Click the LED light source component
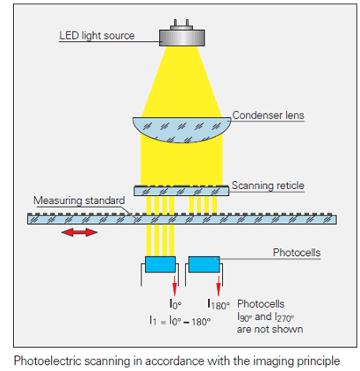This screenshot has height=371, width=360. [182, 36]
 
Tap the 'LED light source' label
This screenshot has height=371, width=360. [97, 36]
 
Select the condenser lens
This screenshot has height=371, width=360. [182, 130]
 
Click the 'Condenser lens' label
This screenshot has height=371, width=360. [268, 115]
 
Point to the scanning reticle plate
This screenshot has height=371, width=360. [182, 191]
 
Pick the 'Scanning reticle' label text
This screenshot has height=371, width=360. [268, 185]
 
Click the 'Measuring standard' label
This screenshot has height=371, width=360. [79, 200]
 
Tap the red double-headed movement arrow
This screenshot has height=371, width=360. [79, 233]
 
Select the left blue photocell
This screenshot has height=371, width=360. [161, 264]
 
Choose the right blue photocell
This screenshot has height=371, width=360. [204, 264]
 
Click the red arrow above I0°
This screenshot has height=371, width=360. [175, 286]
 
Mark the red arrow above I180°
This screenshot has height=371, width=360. [219, 286]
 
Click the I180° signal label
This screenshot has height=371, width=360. [219, 304]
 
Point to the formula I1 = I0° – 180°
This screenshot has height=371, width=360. [180, 321]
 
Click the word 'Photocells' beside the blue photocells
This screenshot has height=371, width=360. [297, 252]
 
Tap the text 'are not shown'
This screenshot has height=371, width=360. [270, 330]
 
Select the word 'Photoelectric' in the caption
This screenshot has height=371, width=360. [47, 360]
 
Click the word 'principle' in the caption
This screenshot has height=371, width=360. [319, 361]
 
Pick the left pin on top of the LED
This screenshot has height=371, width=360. [176, 23]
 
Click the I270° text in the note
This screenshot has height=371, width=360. [284, 317]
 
